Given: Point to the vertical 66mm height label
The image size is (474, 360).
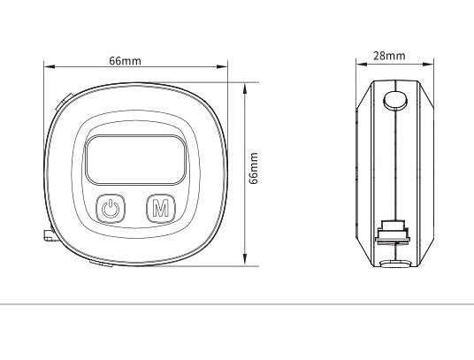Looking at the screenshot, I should [255, 167].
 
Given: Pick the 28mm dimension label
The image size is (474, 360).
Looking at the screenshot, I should [389, 55].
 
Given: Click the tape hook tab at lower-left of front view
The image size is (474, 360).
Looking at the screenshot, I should [44, 234].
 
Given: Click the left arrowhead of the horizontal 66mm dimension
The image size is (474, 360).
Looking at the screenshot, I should [48, 67].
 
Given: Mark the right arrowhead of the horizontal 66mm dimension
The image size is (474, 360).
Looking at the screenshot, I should [224, 67].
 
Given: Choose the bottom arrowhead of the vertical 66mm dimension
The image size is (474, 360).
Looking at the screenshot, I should [245, 262].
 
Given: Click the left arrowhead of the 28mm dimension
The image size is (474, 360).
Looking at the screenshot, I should [359, 63].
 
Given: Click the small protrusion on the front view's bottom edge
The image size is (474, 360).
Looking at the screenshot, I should [99, 263].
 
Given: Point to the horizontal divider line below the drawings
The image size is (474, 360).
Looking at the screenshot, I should [237, 303].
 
